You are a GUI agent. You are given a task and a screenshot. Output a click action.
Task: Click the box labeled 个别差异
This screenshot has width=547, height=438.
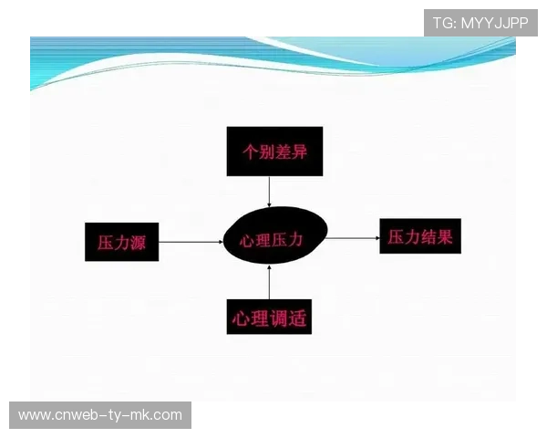pos(269,151)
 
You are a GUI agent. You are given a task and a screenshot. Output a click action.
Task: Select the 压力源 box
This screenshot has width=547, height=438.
pos(121,242)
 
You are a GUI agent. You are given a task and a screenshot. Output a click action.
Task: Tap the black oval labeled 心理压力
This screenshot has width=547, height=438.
pos(270,239)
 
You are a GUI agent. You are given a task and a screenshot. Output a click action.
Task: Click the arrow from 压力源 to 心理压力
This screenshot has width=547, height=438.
pos(191,242)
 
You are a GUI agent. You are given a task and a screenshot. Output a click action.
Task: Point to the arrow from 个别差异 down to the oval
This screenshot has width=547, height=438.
pos(269,192)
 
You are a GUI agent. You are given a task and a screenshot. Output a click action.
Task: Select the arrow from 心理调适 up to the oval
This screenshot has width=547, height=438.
pos(269,281)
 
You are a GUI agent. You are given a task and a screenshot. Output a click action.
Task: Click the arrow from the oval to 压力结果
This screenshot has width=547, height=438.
pos(354,238)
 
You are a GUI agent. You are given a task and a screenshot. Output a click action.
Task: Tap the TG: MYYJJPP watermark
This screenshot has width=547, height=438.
pos(480,22)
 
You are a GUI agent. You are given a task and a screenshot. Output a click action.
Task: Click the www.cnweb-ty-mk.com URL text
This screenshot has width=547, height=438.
pos(100,415)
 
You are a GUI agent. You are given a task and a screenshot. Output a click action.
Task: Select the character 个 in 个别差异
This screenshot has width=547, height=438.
pos(247,151)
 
